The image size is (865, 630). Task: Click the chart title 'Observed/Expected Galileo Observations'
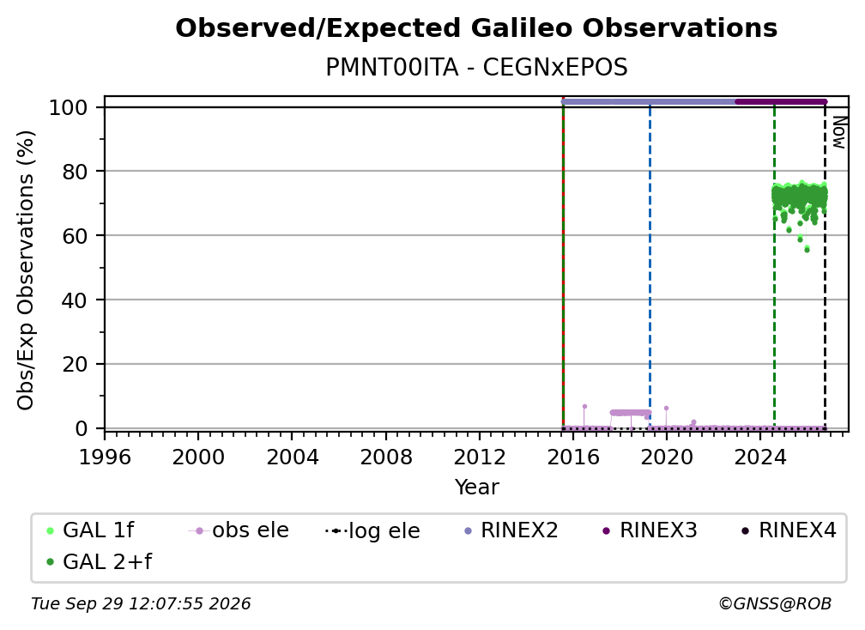pos(476,28)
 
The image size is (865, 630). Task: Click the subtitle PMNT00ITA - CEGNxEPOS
pos(476,67)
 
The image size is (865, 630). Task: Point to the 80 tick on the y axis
pos(75,172)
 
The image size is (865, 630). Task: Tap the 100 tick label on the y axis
pos(69,107)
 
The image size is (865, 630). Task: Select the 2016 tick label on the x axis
pos(572,457)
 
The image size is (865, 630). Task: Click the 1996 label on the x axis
pos(105,457)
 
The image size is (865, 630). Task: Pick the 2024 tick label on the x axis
pos(759,457)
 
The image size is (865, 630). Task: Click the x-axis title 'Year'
pos(476,488)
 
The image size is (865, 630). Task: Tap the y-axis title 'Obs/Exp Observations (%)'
pos(26,270)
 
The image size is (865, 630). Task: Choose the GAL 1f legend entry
pos(90,530)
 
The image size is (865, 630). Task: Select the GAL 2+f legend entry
pos(100,561)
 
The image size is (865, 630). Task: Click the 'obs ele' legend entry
pos(239,530)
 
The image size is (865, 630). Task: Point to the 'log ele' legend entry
pos(373,530)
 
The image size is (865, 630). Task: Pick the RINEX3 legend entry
pos(650,530)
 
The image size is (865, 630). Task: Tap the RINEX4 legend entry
pos(789,530)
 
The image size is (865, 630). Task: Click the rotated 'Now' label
pos(838,132)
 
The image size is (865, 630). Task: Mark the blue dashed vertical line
pos(650,265)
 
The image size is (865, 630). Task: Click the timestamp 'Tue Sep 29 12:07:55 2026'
pos(141,603)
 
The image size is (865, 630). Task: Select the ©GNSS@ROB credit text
pos(775,603)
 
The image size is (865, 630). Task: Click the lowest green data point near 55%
pos(807,250)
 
